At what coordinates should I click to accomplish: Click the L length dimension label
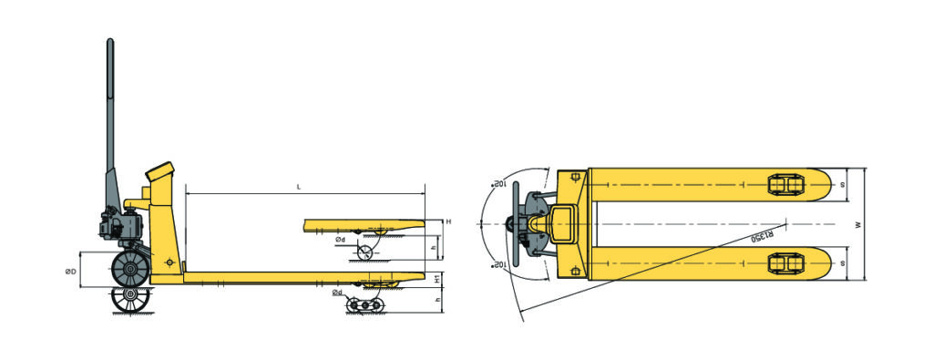tap(299, 186)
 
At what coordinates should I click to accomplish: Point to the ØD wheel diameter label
tap(70, 272)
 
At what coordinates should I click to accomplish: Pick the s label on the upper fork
tap(843, 185)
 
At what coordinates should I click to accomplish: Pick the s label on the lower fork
tap(843, 262)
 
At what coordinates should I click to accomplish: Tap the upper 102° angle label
tap(499, 183)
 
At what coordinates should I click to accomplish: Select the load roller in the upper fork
tap(784, 185)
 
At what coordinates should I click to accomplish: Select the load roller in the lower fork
tap(784, 263)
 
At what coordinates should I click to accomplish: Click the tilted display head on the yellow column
tap(159, 171)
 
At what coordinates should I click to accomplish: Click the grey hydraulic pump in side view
tap(118, 224)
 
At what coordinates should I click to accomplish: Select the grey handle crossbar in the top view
tap(514, 224)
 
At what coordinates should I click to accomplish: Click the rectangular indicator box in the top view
tap(561, 223)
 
